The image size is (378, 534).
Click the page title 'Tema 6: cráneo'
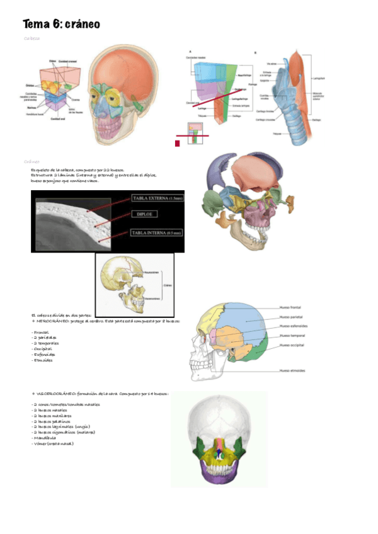coord(61,24)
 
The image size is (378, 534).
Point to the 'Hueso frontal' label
coord(294,307)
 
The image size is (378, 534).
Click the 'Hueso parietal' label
coord(294,317)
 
